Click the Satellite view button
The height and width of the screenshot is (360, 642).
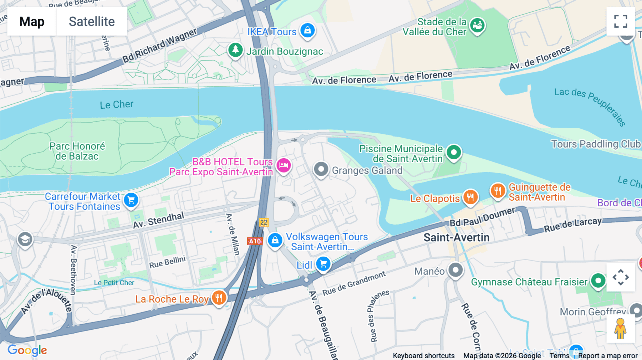pyautogui.click(x=92, y=21)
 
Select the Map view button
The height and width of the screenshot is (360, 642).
pyautogui.click(x=32, y=21)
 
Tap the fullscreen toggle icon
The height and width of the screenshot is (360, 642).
pyautogui.click(x=621, y=21)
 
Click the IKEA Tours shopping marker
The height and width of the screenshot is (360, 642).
pyautogui.click(x=307, y=30)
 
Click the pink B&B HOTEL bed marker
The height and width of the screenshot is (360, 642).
pyautogui.click(x=284, y=165)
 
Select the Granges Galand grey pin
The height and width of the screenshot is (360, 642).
pyautogui.click(x=321, y=169)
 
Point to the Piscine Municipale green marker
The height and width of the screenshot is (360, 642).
pyautogui.click(x=454, y=153)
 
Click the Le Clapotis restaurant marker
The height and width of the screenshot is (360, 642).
pyautogui.click(x=470, y=197)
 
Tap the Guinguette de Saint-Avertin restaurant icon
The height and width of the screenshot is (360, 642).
pyautogui.click(x=498, y=191)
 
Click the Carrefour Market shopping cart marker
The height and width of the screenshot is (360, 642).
pyautogui.click(x=131, y=200)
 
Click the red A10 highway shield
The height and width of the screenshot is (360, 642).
pyautogui.click(x=255, y=241)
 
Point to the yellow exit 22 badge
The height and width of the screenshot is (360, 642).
pyautogui.click(x=264, y=222)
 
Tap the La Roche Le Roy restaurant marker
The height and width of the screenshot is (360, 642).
pyautogui.click(x=219, y=298)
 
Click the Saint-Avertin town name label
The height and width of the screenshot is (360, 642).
pyautogui.click(x=456, y=238)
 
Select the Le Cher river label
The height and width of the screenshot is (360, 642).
pyautogui.click(x=116, y=104)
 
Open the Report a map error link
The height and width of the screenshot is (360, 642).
pyautogui.click(x=608, y=356)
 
